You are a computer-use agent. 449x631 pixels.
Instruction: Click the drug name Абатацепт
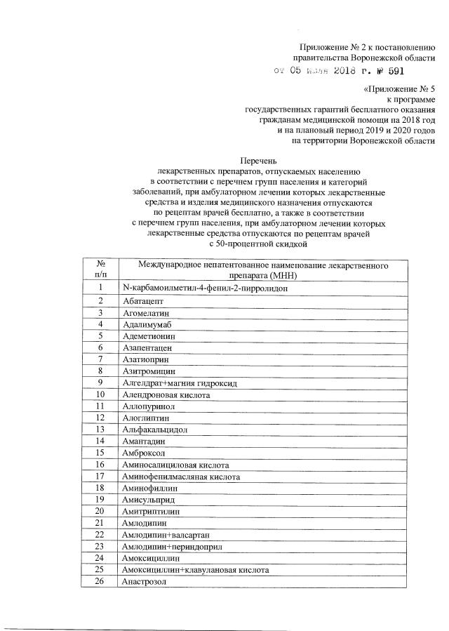pyautogui.click(x=142, y=300)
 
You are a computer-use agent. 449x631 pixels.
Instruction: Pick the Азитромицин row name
pyautogui.click(x=148, y=370)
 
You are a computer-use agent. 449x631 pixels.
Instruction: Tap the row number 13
pyautogui.click(x=100, y=429)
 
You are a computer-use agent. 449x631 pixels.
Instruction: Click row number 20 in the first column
pyautogui.click(x=100, y=512)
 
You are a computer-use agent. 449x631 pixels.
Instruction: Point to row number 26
pyautogui.click(x=100, y=582)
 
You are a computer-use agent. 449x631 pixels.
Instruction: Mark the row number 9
pyautogui.click(x=100, y=382)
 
